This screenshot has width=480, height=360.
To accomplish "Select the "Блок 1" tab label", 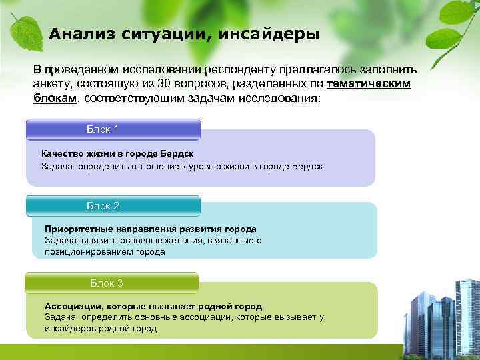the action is tap(103, 129).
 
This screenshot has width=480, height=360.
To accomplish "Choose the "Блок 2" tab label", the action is tap(103, 206).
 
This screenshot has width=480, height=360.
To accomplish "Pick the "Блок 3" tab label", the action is tap(107, 283).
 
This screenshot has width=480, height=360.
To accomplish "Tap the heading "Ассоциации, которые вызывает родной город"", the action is tap(153, 306).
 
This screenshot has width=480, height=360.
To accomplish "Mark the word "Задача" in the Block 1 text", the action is tap(57, 165).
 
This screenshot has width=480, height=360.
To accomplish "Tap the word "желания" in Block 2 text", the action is tap(169, 241).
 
